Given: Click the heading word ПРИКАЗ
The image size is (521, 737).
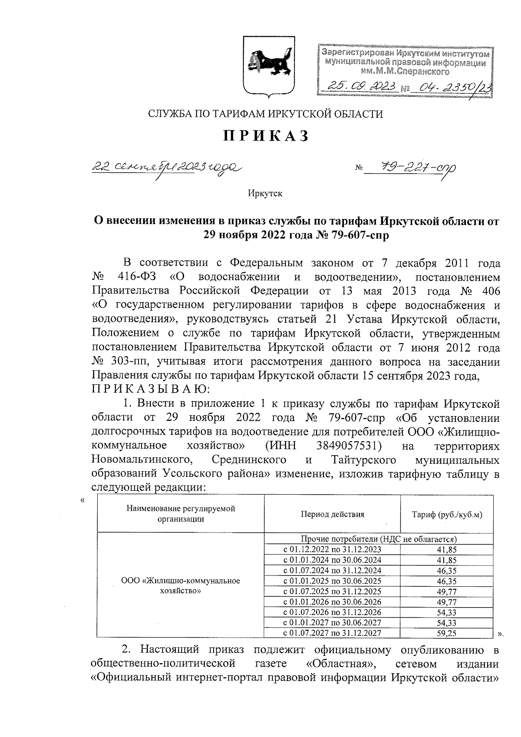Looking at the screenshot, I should tap(265, 136).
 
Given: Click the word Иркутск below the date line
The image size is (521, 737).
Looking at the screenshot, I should tap(265, 193).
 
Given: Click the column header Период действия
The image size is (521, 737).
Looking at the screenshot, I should tap(332, 514).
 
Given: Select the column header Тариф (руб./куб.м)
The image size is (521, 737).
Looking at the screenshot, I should tap(447, 515).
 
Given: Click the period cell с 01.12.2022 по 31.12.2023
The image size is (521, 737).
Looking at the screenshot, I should tap(332, 549).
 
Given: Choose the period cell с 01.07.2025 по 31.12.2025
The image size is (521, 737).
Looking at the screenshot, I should tap(332, 591).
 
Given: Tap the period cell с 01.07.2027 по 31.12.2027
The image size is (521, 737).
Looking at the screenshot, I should tap(332, 633).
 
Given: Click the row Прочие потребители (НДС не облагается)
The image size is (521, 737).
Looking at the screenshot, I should tap(379, 539).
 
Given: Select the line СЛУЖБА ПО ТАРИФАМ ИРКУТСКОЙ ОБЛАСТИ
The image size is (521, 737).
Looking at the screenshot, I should tap(265, 114).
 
